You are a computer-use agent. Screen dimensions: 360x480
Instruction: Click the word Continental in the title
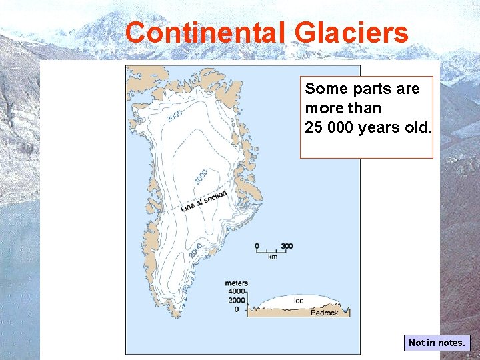(204, 33)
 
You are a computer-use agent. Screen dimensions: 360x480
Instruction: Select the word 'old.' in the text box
(417, 127)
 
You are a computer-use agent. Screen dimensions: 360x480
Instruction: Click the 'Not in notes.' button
(437, 343)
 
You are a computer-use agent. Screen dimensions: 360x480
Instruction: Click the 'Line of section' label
(204, 201)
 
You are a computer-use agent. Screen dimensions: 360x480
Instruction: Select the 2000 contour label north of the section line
(174, 116)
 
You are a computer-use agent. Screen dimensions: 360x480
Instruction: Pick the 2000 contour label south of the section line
(195, 250)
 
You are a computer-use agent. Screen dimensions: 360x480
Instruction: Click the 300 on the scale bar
(286, 246)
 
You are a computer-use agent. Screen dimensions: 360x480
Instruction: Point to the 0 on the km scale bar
(257, 246)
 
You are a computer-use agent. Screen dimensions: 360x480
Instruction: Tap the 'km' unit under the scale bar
(272, 257)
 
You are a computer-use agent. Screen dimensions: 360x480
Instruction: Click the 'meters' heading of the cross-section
(236, 283)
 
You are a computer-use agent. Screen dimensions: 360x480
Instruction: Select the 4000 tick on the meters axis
(236, 292)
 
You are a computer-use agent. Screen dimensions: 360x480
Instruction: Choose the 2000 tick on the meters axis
(236, 301)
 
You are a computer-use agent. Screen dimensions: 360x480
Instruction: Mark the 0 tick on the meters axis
(237, 309)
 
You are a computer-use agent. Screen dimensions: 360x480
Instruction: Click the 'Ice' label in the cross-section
(299, 301)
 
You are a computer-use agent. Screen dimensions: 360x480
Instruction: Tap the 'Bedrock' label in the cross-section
(325, 313)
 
